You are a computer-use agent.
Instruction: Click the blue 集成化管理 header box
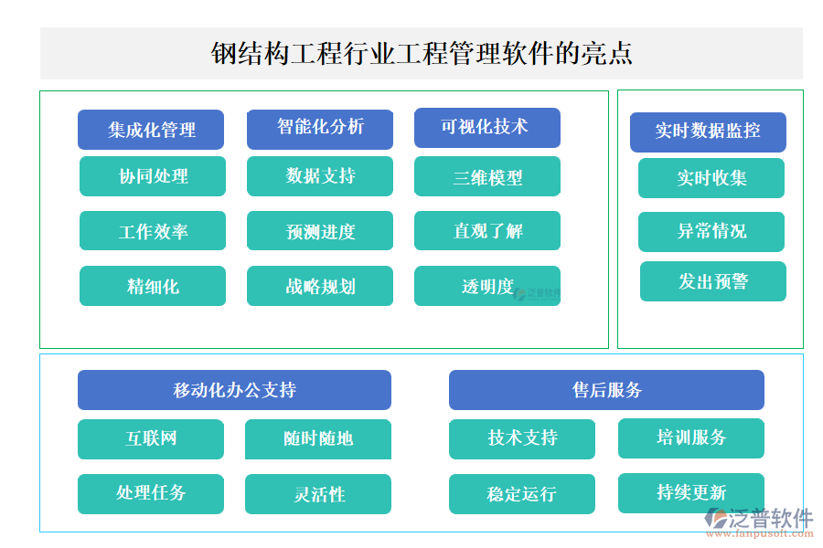(x=151, y=130)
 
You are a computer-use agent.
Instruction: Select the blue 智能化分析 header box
(x=320, y=129)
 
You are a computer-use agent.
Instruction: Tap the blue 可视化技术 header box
(x=486, y=128)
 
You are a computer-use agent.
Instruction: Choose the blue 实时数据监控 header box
(x=708, y=132)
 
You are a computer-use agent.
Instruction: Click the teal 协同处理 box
(x=153, y=176)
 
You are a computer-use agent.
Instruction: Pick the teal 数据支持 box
(x=320, y=176)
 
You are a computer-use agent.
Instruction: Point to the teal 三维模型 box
(x=486, y=176)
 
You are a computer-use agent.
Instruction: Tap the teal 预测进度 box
(x=320, y=231)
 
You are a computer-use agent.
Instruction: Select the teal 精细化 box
(x=153, y=286)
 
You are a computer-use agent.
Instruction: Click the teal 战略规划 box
(x=320, y=286)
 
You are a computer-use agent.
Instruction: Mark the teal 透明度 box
(x=486, y=286)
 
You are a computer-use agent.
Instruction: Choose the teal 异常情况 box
(x=711, y=232)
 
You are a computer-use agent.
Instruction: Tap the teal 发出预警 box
(x=712, y=281)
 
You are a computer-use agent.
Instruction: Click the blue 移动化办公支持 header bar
(x=234, y=390)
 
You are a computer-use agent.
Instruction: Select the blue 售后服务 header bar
(x=606, y=390)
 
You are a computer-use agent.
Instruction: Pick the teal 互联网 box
(x=151, y=439)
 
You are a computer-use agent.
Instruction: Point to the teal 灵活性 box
(x=318, y=494)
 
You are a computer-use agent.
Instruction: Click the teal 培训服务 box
(x=691, y=438)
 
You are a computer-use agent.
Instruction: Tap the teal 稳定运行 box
(x=521, y=494)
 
